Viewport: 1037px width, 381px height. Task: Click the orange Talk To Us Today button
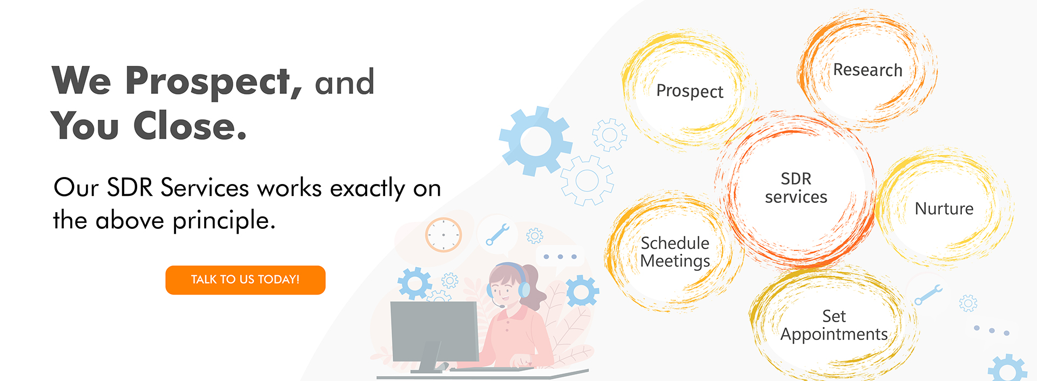tap(245, 280)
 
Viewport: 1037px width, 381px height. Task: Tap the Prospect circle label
tap(690, 91)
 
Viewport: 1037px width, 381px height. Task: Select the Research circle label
tap(867, 70)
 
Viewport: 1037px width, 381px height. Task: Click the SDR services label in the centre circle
tap(796, 188)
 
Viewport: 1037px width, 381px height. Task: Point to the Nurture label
tap(944, 208)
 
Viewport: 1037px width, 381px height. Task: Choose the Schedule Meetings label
tap(675, 252)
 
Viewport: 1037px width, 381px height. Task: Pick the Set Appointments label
tap(834, 325)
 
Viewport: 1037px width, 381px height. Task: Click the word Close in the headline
tap(190, 126)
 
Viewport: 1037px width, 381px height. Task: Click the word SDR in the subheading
tap(130, 187)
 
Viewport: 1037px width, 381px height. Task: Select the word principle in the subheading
tap(224, 221)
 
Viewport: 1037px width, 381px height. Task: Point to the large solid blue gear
tap(535, 141)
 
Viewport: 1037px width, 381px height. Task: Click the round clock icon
tap(443, 235)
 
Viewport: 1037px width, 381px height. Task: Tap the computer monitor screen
tap(434, 331)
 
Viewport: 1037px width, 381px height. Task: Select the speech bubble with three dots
tap(560, 256)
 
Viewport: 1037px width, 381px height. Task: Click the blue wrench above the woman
tap(497, 235)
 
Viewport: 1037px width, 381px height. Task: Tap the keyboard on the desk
tap(491, 369)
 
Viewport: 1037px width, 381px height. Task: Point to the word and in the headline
tap(345, 83)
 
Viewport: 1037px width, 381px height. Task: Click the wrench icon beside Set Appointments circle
tap(928, 295)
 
